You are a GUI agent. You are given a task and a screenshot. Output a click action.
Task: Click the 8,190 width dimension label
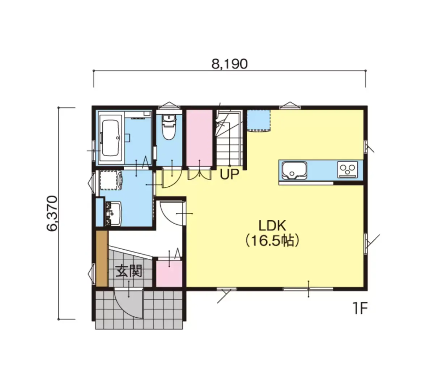coord(229,64)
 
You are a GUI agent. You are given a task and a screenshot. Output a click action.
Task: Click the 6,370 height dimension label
coord(52,213)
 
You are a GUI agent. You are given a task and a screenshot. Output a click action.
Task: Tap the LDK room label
coord(272,226)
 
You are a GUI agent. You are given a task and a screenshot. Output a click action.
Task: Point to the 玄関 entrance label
coord(129,271)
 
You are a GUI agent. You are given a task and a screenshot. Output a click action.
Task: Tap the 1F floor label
coord(361,308)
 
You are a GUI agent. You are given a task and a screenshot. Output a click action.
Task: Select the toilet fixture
coord(169,127)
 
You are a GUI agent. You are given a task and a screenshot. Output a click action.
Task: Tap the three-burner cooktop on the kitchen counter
coord(348,170)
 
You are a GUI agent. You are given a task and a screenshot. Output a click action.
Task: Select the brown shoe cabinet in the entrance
coord(102,258)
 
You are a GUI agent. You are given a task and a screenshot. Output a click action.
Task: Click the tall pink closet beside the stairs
coord(199,138)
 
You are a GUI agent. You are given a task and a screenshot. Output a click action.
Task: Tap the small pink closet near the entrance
coord(169,274)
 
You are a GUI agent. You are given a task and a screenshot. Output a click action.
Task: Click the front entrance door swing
coord(128,304)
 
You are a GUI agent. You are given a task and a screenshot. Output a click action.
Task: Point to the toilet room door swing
coord(172,178)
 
